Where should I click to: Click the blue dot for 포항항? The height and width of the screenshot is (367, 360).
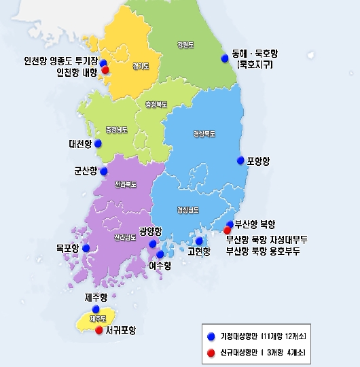pyautogui.click(x=240, y=160)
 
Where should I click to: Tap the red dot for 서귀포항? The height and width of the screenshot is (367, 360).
pyautogui.click(x=99, y=331)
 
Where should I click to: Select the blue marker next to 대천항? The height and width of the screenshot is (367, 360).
pyautogui.click(x=98, y=143)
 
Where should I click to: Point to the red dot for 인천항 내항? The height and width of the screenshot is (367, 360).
pyautogui.click(x=105, y=69)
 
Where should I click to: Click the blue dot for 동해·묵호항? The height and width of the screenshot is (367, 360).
pyautogui.click(x=225, y=58)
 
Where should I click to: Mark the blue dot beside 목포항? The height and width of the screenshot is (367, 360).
pyautogui.click(x=86, y=248)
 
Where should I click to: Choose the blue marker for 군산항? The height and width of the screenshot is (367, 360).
pyautogui.click(x=103, y=171)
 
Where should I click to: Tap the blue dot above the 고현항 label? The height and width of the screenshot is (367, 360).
pyautogui.click(x=199, y=241)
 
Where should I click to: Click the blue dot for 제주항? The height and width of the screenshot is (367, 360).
pyautogui.click(x=95, y=309)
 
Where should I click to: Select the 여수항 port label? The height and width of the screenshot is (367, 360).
pyautogui.click(x=160, y=265)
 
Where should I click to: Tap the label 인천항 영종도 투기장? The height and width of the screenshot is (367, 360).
pyautogui.click(x=60, y=60)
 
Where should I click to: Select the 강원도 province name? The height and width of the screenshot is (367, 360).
pyautogui.click(x=184, y=45)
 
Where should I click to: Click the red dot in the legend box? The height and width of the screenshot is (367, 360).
pyautogui.click(x=211, y=352)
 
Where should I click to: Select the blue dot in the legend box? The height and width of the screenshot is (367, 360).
pyautogui.click(x=211, y=336)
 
